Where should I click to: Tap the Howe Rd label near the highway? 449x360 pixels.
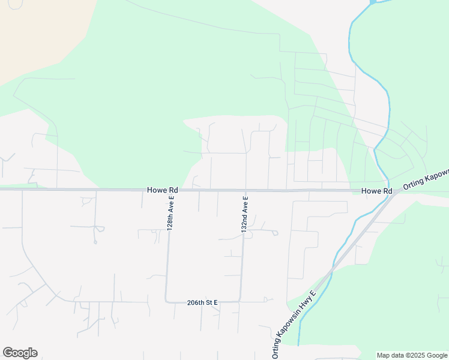(376, 191)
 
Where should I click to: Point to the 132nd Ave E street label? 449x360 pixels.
(245, 214)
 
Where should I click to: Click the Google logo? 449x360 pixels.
(20, 353)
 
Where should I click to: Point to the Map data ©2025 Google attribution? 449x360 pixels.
(412, 355)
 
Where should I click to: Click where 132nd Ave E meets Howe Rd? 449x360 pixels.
(246, 190)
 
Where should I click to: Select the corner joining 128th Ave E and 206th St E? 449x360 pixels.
(166, 301)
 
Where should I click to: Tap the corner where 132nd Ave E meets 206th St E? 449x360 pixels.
(241, 300)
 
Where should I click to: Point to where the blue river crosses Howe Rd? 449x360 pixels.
(388, 190)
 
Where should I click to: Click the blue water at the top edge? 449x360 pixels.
(373, 2)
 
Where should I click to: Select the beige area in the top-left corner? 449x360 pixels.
(36, 30)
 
